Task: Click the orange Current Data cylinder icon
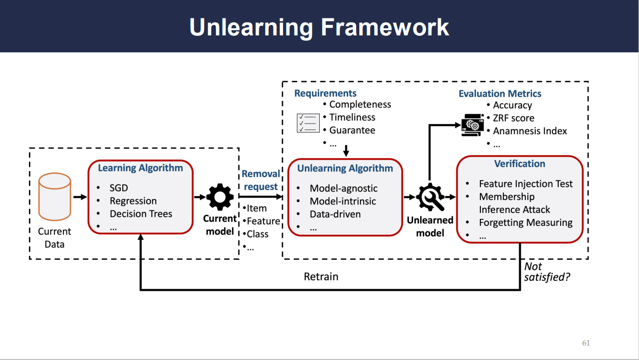click(55, 196)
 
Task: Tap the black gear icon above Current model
click(220, 197)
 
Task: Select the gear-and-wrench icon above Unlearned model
click(429, 197)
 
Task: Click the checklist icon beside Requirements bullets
click(308, 123)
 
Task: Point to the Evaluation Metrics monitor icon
click(472, 125)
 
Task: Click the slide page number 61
click(586, 343)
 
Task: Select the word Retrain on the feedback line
click(321, 276)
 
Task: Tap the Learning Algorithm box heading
click(140, 168)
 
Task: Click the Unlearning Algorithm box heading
click(345, 169)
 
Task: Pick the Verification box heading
click(519, 164)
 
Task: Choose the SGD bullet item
click(119, 188)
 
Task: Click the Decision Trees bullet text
click(141, 214)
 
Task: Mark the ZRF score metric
click(513, 118)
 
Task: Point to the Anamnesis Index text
click(530, 131)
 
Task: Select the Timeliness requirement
click(352, 118)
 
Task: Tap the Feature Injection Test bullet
click(526, 184)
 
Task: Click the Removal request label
click(261, 180)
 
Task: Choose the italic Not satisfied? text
click(547, 272)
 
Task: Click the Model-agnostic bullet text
click(343, 188)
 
